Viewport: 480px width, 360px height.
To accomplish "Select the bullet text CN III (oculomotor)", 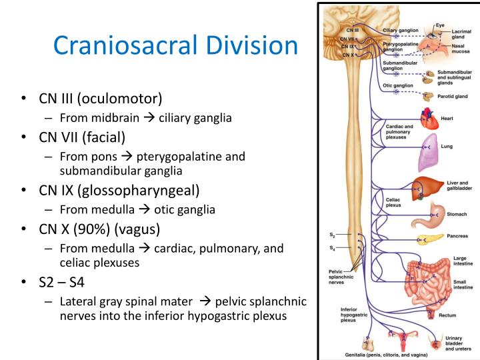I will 100,99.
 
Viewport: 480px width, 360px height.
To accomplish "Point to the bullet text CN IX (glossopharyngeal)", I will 119,191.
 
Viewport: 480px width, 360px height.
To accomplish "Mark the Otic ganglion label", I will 398,85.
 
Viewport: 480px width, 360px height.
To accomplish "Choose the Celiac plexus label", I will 393,202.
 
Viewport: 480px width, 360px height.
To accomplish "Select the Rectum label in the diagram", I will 447,315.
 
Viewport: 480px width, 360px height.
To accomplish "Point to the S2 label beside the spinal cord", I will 332,235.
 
